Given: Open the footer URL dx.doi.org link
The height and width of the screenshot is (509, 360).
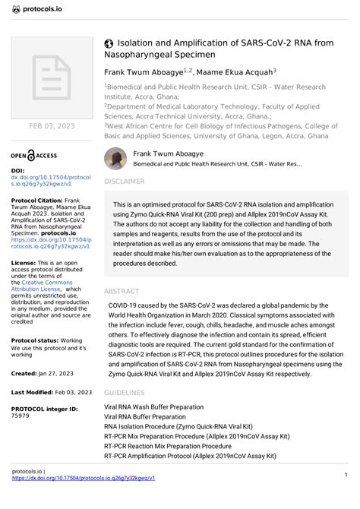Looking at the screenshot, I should pos(84,479).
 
